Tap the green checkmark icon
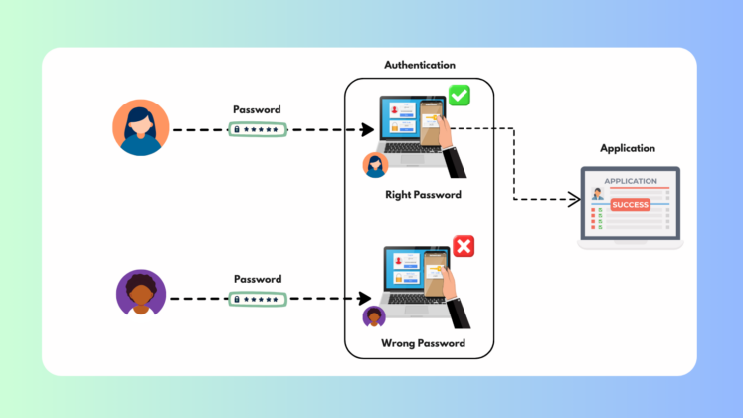(x=459, y=96)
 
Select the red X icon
(x=464, y=246)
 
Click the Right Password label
(x=423, y=195)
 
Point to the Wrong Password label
(x=423, y=344)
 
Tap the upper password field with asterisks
(x=258, y=129)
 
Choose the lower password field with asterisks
(x=258, y=298)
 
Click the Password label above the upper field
(x=257, y=109)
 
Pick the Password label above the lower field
(x=257, y=279)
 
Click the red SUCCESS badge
(x=630, y=204)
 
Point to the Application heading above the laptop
(x=628, y=148)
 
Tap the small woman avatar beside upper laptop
(x=375, y=165)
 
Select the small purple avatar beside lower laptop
(x=374, y=316)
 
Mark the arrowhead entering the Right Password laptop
(x=367, y=130)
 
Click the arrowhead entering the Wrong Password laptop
(x=366, y=298)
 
